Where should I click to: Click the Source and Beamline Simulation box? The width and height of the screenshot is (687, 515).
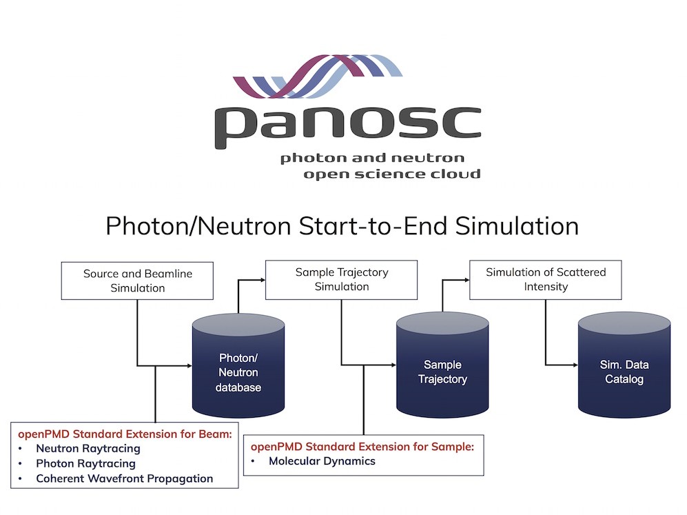[137, 281]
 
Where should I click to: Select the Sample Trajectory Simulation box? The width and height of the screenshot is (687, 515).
[341, 280]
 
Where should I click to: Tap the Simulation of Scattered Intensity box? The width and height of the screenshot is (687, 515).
[546, 280]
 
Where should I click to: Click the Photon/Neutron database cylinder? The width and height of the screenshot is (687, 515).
[238, 365]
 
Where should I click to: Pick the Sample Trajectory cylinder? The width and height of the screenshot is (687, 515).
[442, 365]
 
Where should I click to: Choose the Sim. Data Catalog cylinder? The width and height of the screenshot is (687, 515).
[624, 365]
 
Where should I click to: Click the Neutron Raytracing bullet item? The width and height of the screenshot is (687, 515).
[88, 448]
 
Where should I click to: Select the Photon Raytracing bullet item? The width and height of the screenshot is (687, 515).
[86, 463]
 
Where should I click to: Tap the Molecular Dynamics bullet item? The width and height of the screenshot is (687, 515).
[322, 461]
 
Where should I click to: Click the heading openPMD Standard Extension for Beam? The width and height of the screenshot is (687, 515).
[125, 434]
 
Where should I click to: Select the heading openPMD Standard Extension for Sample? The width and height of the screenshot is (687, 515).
[362, 447]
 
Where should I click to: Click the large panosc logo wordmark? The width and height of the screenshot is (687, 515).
[348, 127]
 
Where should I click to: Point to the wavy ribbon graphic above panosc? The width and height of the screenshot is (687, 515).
[318, 77]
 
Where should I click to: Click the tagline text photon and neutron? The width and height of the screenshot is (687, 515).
[372, 158]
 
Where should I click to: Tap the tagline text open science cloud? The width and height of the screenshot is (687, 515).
[392, 174]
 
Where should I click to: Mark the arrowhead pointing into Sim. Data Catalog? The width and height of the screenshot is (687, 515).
[575, 365]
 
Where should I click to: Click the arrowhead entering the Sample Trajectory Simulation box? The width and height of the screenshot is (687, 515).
[263, 280]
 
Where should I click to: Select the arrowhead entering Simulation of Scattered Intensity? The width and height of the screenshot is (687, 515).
[466, 280]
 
